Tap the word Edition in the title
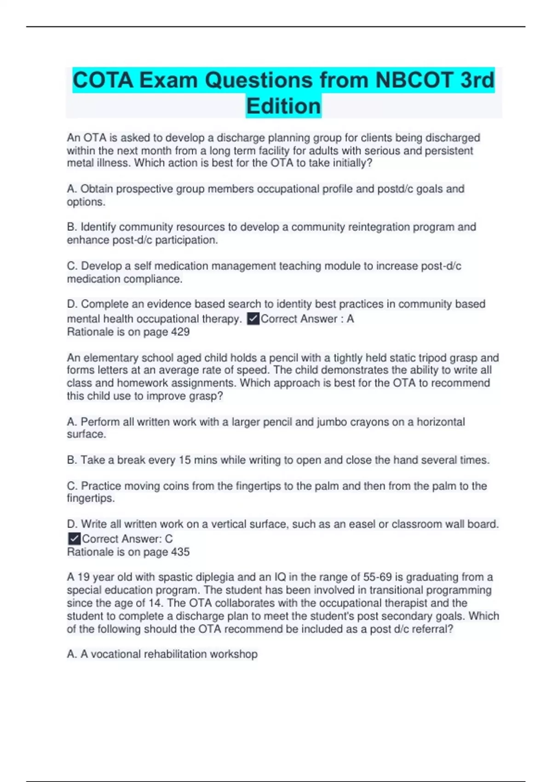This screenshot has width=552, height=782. (x=283, y=106)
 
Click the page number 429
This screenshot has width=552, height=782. (x=180, y=332)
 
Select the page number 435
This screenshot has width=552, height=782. (x=180, y=552)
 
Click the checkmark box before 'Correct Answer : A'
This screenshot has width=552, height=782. (x=253, y=319)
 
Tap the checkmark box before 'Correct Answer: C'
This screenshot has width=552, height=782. (x=74, y=539)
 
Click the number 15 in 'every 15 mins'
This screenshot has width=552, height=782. (x=184, y=460)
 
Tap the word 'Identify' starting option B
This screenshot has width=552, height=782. (x=98, y=227)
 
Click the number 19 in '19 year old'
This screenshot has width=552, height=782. (x=83, y=577)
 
